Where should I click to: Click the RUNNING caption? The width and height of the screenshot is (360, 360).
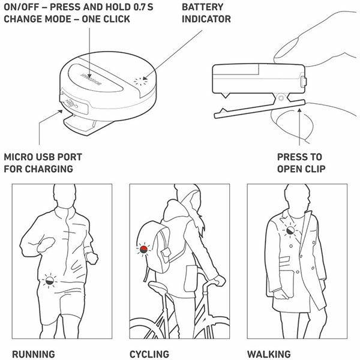pos(34,354)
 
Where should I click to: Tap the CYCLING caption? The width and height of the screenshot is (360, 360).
pos(149,354)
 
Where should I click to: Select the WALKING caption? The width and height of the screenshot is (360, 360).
pos(269,354)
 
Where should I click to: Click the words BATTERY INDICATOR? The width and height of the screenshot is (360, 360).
pos(206,13)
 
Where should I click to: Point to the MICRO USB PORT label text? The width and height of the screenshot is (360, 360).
pos(43,157)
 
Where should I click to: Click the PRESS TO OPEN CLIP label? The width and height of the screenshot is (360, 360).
pos(301,163)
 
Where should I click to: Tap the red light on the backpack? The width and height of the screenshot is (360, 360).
pos(143,250)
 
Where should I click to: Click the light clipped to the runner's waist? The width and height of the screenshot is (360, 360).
pos(50,281)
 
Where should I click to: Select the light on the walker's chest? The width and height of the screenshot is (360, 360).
pos(290,230)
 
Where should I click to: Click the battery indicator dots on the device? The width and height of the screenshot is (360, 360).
pos(140,81)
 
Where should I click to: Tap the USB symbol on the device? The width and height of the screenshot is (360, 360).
pos(71,104)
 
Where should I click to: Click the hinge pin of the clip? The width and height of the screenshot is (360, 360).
pos(281,98)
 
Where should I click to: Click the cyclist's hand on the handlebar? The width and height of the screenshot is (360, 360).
pos(219,280)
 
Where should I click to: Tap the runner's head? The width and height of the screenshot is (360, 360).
pos(65,196)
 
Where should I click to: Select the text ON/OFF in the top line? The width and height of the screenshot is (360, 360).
pos(22,7)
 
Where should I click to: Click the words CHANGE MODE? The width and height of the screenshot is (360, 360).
pos(35,19)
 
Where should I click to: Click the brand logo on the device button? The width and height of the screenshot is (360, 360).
pos(91,79)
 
